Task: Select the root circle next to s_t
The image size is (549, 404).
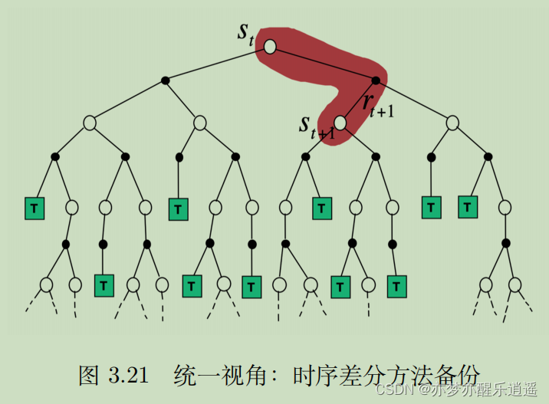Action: pos(270,47)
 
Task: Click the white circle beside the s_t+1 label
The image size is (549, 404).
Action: pos(340,122)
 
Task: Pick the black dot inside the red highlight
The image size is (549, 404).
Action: pos(376,80)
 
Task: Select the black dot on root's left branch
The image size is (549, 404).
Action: pos(165,80)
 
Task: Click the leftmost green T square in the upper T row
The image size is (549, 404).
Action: pos(34,208)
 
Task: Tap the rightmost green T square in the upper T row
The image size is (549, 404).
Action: pos(468,207)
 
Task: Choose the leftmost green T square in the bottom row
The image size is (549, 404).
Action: pos(104,285)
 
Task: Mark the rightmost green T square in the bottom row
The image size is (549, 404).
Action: pos(396,286)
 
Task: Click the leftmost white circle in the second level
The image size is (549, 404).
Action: pos(90,122)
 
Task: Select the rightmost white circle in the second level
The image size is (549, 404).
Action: pos(452,122)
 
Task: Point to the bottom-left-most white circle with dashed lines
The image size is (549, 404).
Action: pos(46,284)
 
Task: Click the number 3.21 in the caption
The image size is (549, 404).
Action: pos(125,376)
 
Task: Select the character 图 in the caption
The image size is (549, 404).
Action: pos(90,376)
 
